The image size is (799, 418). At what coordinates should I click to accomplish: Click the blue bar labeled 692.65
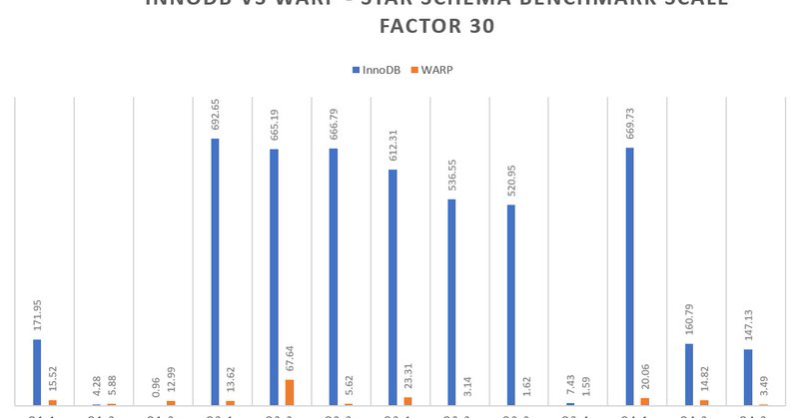pyautogui.click(x=215, y=271)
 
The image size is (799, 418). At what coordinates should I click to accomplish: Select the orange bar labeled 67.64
pyautogui.click(x=290, y=392)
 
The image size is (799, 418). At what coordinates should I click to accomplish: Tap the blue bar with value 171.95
pyautogui.click(x=37, y=372)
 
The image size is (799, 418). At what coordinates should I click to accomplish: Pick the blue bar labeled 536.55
pyautogui.click(x=451, y=302)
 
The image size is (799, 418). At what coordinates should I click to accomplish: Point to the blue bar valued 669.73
pyautogui.click(x=629, y=276)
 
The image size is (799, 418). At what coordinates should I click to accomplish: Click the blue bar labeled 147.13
pyautogui.click(x=748, y=377)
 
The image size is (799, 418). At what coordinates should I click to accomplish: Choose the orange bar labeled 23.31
pyautogui.click(x=407, y=401)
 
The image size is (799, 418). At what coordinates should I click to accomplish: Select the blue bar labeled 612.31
pyautogui.click(x=393, y=287)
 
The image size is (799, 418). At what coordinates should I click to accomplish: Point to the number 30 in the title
pyautogui.click(x=478, y=27)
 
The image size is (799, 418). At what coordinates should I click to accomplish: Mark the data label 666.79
pyautogui.click(x=334, y=121)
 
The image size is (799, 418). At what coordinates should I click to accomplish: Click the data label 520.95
pyautogui.click(x=511, y=178)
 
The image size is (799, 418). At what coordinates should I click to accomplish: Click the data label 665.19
pyautogui.click(x=274, y=121)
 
